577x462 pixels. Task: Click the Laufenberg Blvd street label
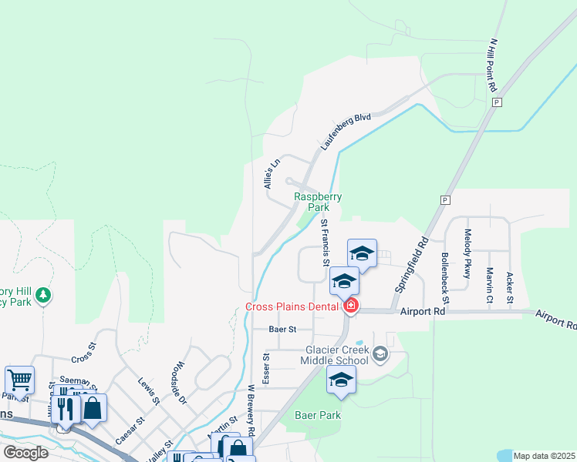[346, 130]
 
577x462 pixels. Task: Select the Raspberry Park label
[318, 202]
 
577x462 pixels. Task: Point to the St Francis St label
[325, 243]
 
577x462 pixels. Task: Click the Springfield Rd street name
[412, 263]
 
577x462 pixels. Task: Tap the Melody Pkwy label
[467, 253]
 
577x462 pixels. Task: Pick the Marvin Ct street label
[489, 285]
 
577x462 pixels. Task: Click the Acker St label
[509, 287]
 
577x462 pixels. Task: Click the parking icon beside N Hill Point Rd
[497, 102]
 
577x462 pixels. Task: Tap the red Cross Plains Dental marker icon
[351, 306]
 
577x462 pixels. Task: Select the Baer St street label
[282, 330]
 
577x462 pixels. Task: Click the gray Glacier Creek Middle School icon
[379, 354]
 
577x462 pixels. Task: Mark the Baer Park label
[318, 415]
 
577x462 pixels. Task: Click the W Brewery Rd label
[251, 416]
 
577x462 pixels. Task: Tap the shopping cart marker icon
[19, 378]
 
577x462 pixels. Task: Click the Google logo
[25, 452]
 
